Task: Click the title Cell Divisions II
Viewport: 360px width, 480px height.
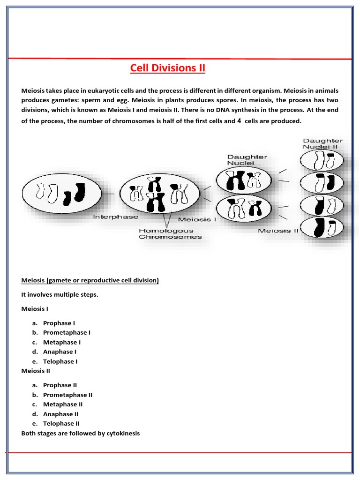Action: coord(167,68)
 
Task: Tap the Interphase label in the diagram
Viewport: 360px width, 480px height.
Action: coord(115,217)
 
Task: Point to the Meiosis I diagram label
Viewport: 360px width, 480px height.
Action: coord(196,219)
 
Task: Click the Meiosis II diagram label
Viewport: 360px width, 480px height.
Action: coord(278,231)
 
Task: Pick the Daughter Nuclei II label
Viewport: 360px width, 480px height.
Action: coord(322,143)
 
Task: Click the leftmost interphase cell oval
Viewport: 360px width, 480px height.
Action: coord(61,193)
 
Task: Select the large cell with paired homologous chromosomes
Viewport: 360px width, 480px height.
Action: coord(160,193)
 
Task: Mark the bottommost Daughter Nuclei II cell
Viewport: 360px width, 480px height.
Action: coord(322,228)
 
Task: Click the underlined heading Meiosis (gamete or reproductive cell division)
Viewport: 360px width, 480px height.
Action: coord(90,280)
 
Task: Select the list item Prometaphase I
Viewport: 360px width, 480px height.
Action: coord(67,332)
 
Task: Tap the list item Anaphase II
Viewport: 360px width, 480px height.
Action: coord(61,414)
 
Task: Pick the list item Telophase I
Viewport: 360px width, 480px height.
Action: coord(60,361)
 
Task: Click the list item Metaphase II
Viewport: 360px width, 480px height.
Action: coord(63,404)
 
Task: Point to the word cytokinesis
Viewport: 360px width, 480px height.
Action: coord(124,433)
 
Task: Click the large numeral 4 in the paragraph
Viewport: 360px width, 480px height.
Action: coord(239,120)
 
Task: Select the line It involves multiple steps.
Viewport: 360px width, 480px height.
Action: coord(60,294)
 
